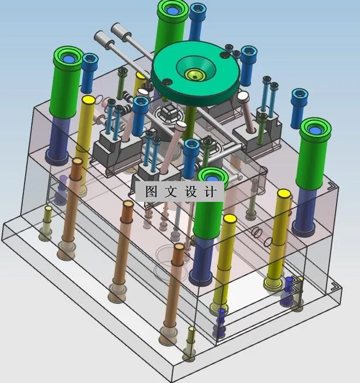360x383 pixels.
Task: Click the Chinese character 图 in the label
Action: pos(151,191)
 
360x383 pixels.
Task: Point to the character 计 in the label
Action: pos(210,191)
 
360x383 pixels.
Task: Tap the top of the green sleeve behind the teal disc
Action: pos(173,10)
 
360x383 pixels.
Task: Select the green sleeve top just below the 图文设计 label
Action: pos(213,176)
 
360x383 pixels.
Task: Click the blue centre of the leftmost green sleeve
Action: pos(68,59)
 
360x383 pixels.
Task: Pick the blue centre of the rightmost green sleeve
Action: pos(315,130)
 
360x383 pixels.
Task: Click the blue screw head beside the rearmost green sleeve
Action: pos(198,9)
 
